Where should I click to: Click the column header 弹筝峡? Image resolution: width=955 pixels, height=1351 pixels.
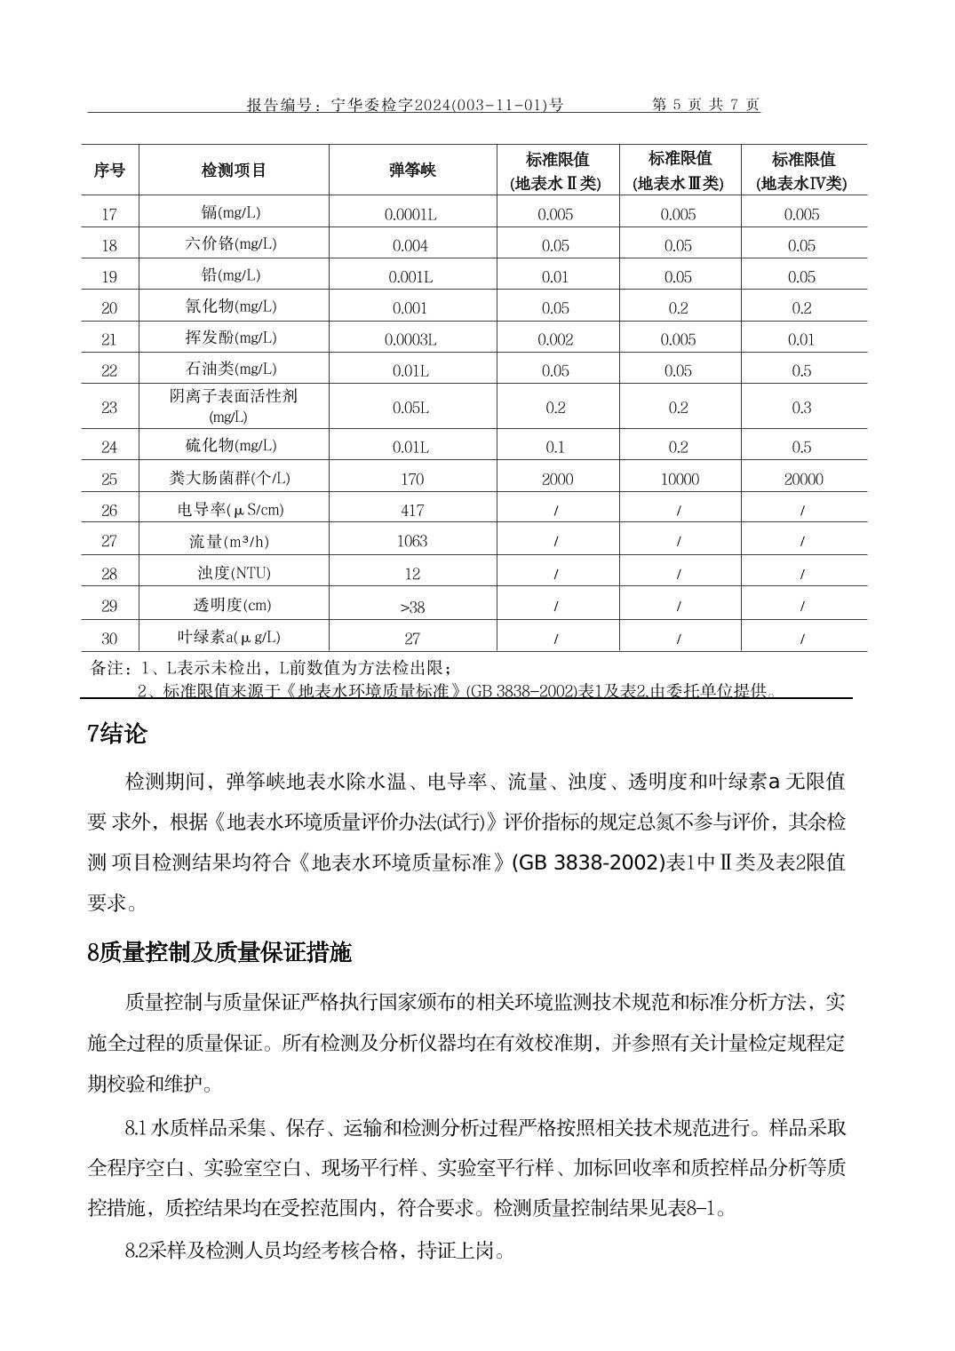pos(412,171)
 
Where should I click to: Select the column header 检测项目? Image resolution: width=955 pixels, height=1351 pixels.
pos(234,171)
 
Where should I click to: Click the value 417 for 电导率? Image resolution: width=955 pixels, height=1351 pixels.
pos(412,510)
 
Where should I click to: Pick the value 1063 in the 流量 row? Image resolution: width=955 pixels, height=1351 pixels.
pos(412,541)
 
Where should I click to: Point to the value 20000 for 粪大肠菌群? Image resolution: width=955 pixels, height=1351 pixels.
pos(803,480)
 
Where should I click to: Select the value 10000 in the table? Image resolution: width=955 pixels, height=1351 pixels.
pos(680,480)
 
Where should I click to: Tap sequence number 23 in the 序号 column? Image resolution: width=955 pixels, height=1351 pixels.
pos(109,408)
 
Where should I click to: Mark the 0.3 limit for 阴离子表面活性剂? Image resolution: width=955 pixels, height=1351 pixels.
pos(802,408)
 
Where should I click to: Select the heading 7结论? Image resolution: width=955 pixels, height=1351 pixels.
pos(117,734)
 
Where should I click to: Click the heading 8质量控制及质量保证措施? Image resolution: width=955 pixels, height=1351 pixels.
pos(219,952)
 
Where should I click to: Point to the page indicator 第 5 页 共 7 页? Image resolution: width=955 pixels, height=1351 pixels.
pos(706,105)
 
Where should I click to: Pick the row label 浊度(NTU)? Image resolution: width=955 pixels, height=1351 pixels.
pos(234,573)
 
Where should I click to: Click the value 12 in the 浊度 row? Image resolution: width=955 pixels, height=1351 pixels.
pos(412,574)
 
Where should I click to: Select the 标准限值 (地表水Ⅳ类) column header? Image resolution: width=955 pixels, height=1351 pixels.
pos(803,171)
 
